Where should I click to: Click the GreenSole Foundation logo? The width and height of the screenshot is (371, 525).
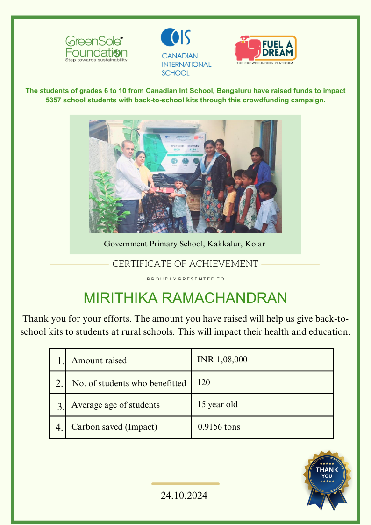coord(96,49)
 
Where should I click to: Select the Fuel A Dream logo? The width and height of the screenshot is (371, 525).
coord(265,50)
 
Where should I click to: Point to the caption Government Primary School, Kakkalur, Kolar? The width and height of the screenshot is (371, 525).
coord(185,244)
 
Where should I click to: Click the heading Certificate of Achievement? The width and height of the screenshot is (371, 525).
coord(185,264)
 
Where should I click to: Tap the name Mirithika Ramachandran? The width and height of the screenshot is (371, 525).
coord(185,298)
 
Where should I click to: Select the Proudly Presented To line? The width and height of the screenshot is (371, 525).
coord(185,279)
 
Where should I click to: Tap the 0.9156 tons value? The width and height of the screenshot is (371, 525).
coord(219,427)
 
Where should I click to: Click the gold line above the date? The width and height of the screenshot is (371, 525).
coord(185,484)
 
